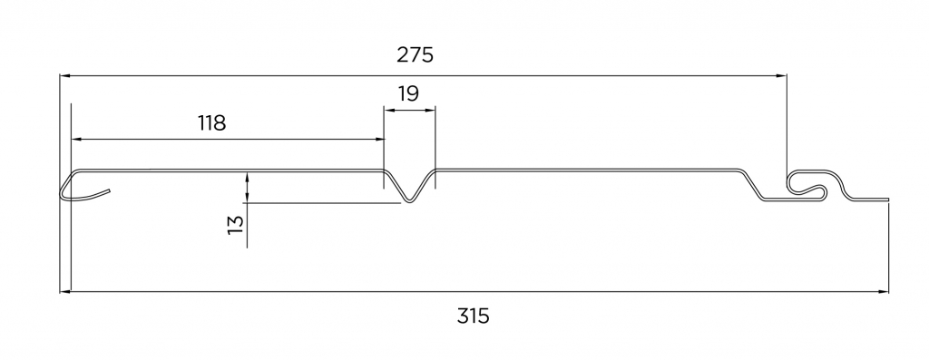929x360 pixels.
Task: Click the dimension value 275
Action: tap(415, 55)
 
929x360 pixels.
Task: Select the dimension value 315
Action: tap(474, 316)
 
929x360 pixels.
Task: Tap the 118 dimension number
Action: tap(212, 123)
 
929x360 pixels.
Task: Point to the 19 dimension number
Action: tap(409, 93)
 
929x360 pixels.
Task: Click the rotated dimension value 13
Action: tap(236, 224)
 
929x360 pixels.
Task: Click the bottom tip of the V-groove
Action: tap(410, 202)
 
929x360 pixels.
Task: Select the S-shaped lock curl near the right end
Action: tap(813, 183)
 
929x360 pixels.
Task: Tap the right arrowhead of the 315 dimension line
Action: tap(885, 292)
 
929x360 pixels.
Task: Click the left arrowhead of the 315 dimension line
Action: tap(65, 292)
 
